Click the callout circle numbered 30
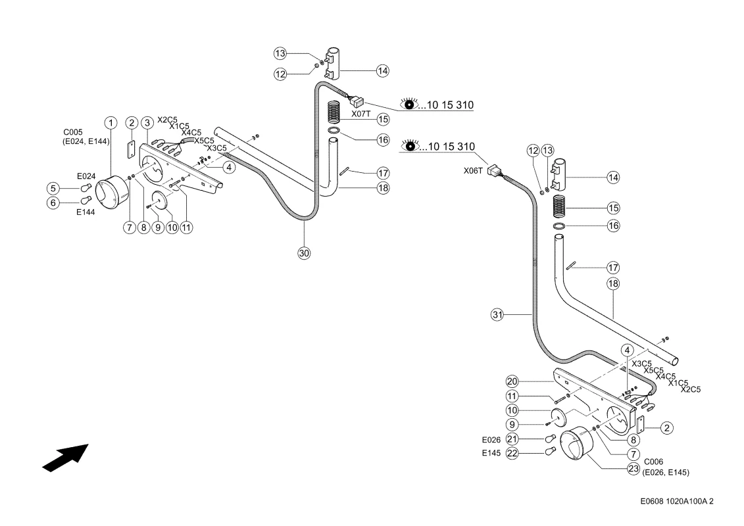[304, 253]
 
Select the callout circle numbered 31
[497, 314]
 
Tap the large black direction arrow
[66, 458]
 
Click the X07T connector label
[361, 114]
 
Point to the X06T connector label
[473, 171]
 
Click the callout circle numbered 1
[111, 124]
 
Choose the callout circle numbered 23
[633, 469]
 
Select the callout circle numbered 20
[512, 381]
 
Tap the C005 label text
[72, 132]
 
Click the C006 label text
[653, 462]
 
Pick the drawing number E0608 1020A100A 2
[677, 501]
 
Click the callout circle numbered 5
[53, 188]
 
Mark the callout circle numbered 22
[512, 454]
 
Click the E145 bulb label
[491, 453]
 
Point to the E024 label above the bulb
[86, 176]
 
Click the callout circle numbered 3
[147, 124]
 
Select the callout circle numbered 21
[512, 439]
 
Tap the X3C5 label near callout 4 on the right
[641, 364]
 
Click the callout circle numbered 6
[53, 203]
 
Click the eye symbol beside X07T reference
[409, 104]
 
